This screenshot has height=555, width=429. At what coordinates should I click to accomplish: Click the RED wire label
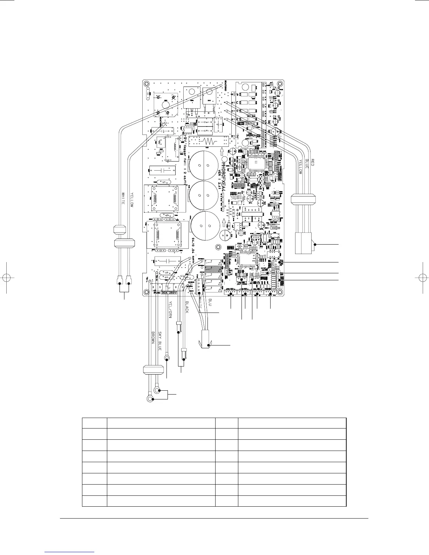pos(314,163)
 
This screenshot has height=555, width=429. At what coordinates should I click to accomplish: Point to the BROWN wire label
pos(153,338)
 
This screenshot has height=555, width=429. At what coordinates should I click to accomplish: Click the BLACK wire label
pos(186,307)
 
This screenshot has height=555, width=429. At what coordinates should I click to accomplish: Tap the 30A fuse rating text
pos(164,293)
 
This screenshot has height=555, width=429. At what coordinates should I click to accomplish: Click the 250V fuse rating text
pos(173,293)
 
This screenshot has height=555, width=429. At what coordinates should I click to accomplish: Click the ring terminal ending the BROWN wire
pos(150,399)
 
